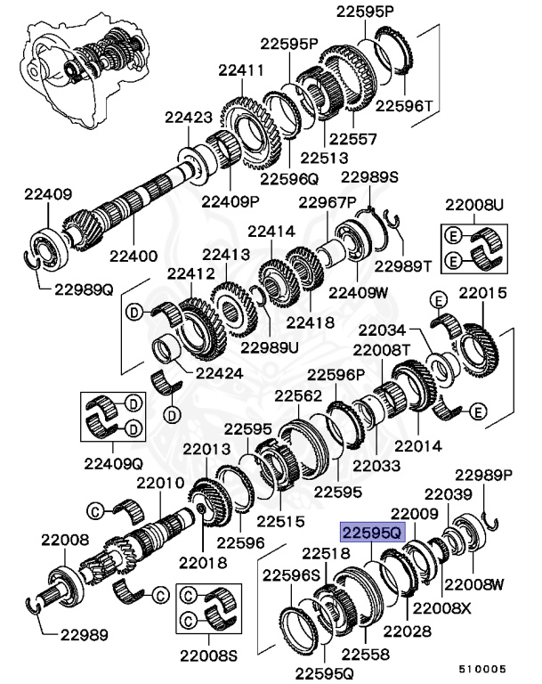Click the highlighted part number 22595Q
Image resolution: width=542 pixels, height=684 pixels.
(x=371, y=533)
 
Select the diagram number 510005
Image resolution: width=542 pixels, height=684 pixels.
(x=483, y=666)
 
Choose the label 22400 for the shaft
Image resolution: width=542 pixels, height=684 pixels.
(x=133, y=255)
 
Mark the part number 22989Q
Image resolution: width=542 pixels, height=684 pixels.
(x=83, y=289)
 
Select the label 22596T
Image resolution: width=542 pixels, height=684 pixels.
(x=404, y=104)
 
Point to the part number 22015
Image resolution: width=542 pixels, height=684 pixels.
(x=481, y=293)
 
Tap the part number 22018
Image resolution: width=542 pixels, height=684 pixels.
(x=203, y=562)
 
